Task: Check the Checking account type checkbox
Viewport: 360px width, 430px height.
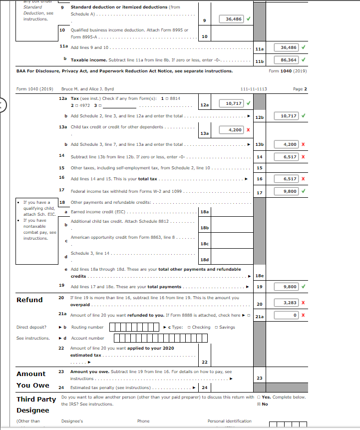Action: (x=189, y=327)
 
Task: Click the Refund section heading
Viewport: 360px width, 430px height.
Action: (x=29, y=300)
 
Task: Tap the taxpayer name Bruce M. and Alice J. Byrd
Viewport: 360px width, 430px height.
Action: (x=87, y=89)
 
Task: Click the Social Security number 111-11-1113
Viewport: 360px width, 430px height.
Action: (x=254, y=89)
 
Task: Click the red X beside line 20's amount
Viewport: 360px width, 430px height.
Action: (x=303, y=303)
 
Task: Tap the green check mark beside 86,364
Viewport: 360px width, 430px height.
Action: (x=303, y=59)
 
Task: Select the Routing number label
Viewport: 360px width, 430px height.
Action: (x=87, y=327)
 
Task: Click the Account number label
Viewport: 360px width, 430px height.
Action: (x=87, y=338)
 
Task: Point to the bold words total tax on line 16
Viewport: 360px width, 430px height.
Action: (x=147, y=178)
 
